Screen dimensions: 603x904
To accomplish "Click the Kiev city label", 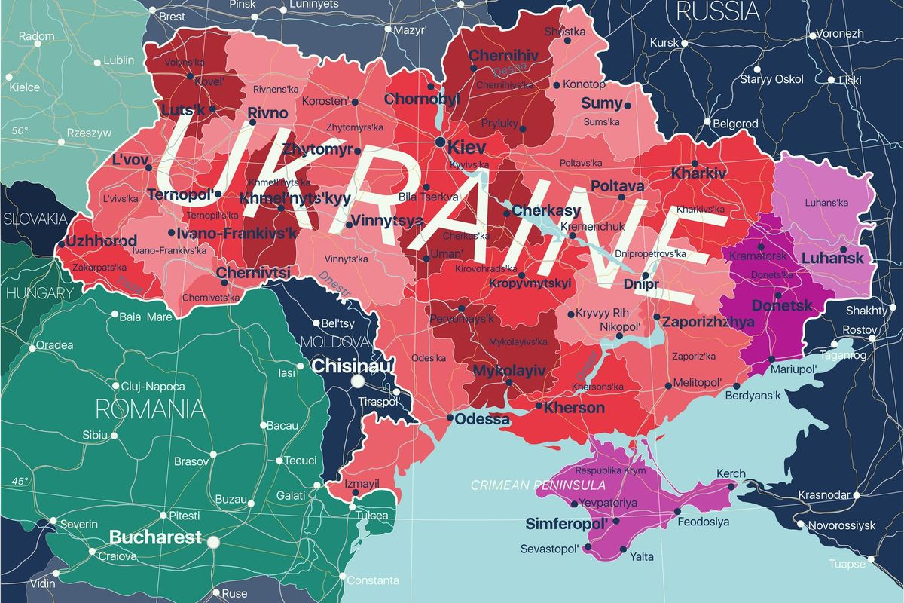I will point(467,147).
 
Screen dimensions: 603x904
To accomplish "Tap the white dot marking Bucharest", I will point(213,541).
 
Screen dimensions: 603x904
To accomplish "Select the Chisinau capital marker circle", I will point(358,381).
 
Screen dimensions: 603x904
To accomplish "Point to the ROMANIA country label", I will point(151,409).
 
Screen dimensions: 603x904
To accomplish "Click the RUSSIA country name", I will point(717,11).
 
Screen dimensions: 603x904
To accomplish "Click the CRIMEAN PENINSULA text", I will point(538,485).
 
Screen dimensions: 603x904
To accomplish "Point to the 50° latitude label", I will point(19,130).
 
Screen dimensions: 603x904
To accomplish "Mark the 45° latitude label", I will point(19,481).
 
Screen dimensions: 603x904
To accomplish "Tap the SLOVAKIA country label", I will point(35,219).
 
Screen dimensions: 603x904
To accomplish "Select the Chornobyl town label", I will point(422,99).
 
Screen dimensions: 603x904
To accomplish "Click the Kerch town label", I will point(731,473).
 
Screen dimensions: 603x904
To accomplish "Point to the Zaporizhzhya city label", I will point(708,322).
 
